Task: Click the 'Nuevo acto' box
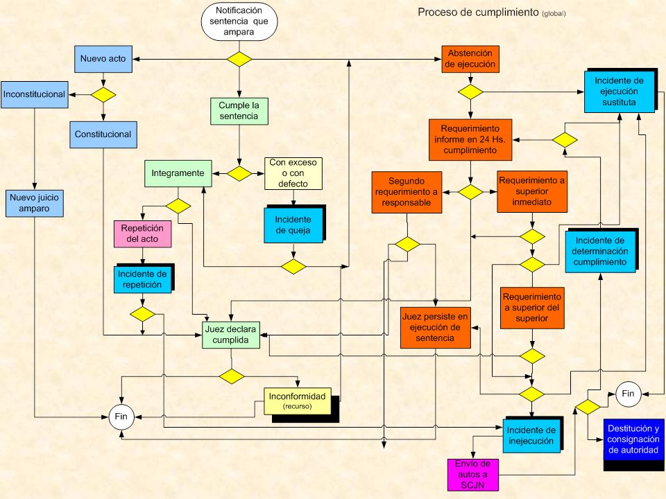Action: [x=103, y=59]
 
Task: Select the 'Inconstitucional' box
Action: [x=35, y=95]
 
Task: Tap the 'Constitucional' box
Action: [x=103, y=134]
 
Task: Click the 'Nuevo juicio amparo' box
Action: [x=35, y=203]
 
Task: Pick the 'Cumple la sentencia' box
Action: [x=239, y=111]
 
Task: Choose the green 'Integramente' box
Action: [x=178, y=173]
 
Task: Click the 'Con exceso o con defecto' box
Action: [x=293, y=173]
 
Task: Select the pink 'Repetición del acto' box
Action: [x=142, y=234]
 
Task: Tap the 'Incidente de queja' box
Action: [x=293, y=225]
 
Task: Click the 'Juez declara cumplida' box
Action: [x=230, y=335]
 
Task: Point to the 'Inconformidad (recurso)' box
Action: [x=298, y=401]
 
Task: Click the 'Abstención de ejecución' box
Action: [x=470, y=59]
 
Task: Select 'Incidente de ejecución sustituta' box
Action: [x=620, y=91]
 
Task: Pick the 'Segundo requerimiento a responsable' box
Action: [x=407, y=192]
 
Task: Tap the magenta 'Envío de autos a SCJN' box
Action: [x=472, y=474]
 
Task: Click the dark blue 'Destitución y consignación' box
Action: [x=633, y=439]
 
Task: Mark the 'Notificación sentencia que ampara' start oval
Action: [x=239, y=21]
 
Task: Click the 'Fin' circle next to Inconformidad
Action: [x=121, y=417]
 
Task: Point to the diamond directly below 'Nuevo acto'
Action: [x=103, y=95]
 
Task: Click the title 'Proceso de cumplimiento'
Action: [x=478, y=12]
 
